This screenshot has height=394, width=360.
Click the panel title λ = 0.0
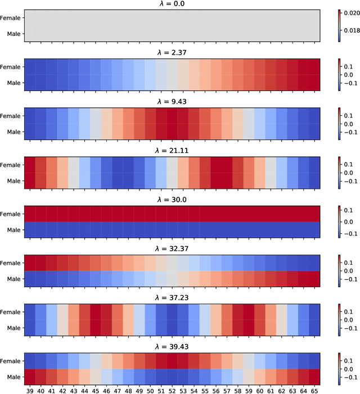point(172,4)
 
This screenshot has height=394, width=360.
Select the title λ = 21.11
point(172,151)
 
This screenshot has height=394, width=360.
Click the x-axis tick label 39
point(29,389)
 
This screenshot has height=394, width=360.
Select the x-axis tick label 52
point(172,389)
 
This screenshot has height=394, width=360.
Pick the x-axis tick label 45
point(94,389)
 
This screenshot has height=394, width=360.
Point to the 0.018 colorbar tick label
point(351,31)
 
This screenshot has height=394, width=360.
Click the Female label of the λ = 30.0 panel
point(11,214)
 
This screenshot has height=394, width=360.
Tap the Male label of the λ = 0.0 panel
point(13,34)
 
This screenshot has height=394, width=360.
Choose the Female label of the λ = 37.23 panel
point(11,311)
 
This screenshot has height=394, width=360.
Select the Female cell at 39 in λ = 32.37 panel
point(29,262)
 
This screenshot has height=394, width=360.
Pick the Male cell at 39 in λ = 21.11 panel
point(29,180)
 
